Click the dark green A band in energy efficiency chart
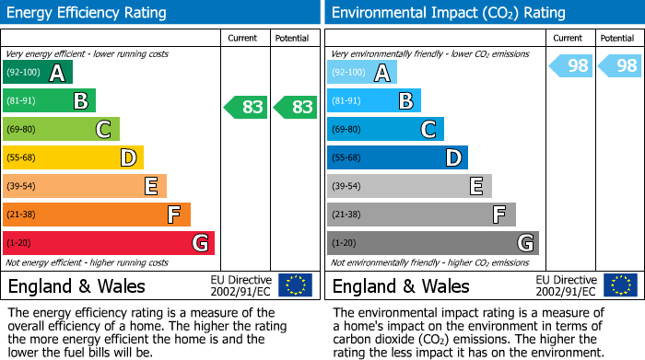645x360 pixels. (38, 72)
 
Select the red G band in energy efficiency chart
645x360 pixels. (109, 243)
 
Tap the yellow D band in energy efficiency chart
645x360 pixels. (74, 157)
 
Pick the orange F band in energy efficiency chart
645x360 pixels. (97, 215)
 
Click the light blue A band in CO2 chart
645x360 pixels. (362, 72)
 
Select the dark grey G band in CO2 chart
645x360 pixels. (433, 243)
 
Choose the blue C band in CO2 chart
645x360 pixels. (385, 129)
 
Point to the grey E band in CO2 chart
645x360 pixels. (409, 186)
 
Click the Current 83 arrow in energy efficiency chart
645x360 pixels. (246, 107)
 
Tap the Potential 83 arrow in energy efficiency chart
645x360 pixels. (295, 107)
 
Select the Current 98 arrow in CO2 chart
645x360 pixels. (570, 65)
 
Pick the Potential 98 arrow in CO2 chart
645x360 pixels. (619, 65)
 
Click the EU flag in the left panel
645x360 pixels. (295, 285)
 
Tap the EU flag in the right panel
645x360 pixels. (619, 285)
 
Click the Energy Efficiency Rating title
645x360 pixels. (88, 13)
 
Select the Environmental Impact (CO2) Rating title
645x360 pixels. (448, 13)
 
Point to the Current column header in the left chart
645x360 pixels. (244, 38)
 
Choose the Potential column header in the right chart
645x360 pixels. (616, 38)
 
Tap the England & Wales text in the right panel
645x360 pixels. (401, 285)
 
